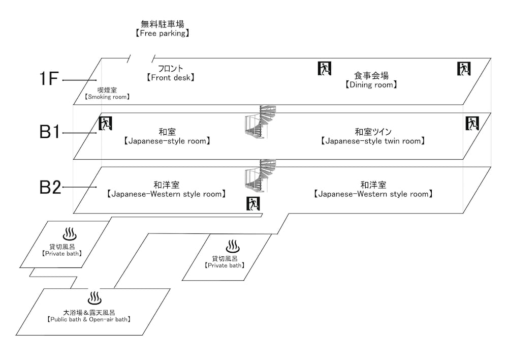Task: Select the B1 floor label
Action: [x=50, y=132]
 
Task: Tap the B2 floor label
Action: [x=50, y=187]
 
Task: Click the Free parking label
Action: [x=162, y=28]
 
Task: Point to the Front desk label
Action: [x=170, y=73]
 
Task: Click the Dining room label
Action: [x=371, y=80]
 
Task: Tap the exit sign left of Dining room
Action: [x=325, y=68]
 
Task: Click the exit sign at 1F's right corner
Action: [x=464, y=68]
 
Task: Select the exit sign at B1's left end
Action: [x=105, y=123]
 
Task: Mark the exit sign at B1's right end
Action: [x=472, y=123]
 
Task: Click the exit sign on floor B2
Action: [x=253, y=203]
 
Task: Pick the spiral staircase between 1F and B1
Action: [x=260, y=122]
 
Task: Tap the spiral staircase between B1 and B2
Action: [x=260, y=175]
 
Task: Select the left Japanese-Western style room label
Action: [x=166, y=190]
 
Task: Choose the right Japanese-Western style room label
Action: [x=373, y=190]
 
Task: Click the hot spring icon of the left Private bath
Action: [x=70, y=234]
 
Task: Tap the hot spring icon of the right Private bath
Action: [x=233, y=247]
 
